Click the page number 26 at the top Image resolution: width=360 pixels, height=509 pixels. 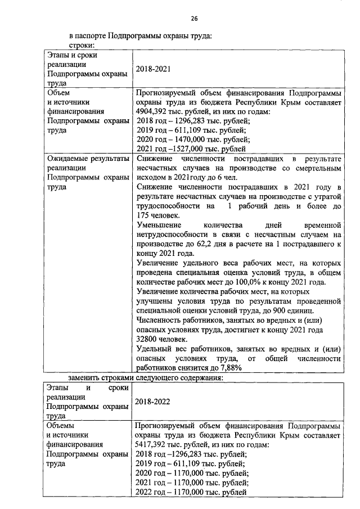click(194, 19)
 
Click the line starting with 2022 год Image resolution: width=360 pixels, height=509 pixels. click(191, 492)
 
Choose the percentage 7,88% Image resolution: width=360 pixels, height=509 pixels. click(229, 368)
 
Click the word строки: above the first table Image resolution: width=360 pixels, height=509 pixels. click(81, 44)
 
